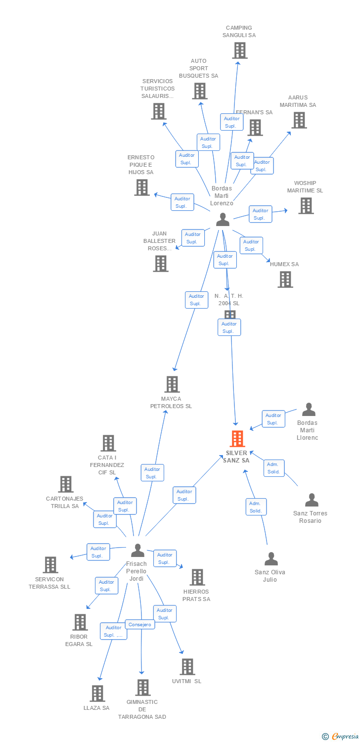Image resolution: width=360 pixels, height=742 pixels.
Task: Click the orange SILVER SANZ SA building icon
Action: pos(237,439)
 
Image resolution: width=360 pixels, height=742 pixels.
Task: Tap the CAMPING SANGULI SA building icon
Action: pos(240,50)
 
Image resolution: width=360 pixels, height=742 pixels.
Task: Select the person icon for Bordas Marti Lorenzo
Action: pos(223,219)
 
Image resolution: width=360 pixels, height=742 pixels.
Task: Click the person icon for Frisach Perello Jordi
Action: pos(137,550)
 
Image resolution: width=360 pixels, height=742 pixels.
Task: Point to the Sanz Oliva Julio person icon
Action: pos(271,559)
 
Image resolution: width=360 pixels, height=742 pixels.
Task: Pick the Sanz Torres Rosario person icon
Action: pos(312,500)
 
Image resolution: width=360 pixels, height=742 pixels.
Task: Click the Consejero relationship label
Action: pos(139,624)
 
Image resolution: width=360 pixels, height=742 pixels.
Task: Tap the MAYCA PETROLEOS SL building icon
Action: pos(172,384)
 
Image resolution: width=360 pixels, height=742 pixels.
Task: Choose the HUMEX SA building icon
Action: pos(285,279)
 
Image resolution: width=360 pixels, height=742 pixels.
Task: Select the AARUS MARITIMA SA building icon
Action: pos(299,120)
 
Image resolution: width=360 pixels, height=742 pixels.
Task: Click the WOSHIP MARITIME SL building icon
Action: pos(306,206)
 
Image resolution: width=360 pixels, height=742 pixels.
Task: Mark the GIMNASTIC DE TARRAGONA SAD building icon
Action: pos(143,687)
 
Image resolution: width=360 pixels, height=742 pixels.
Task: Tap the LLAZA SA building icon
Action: pos(97,693)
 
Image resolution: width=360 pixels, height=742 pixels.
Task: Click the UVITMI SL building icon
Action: pos(187,666)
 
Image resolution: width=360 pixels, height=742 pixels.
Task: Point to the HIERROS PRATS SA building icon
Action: pos(197,577)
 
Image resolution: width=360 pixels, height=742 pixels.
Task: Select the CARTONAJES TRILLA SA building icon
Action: pos(66,484)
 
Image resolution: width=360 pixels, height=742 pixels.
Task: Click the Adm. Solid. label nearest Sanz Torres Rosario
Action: pos(273,468)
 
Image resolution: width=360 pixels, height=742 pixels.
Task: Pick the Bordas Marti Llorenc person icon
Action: pos(309,410)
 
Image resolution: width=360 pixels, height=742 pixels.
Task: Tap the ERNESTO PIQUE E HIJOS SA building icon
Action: pos(142,187)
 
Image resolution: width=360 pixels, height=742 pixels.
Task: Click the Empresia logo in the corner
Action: pos(340,737)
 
